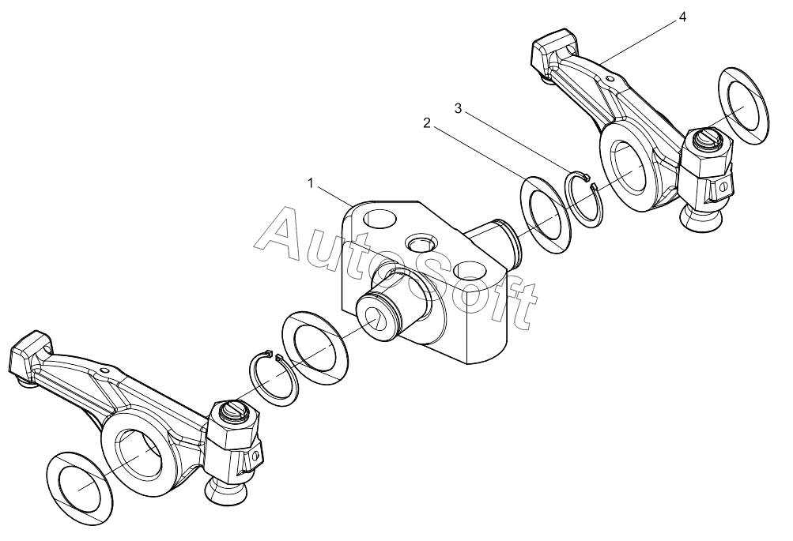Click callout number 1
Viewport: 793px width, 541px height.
(311, 183)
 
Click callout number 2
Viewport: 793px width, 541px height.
(427, 122)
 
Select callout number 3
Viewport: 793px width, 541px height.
(459, 108)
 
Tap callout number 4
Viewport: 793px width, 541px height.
(682, 17)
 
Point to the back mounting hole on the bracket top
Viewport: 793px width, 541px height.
(380, 218)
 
